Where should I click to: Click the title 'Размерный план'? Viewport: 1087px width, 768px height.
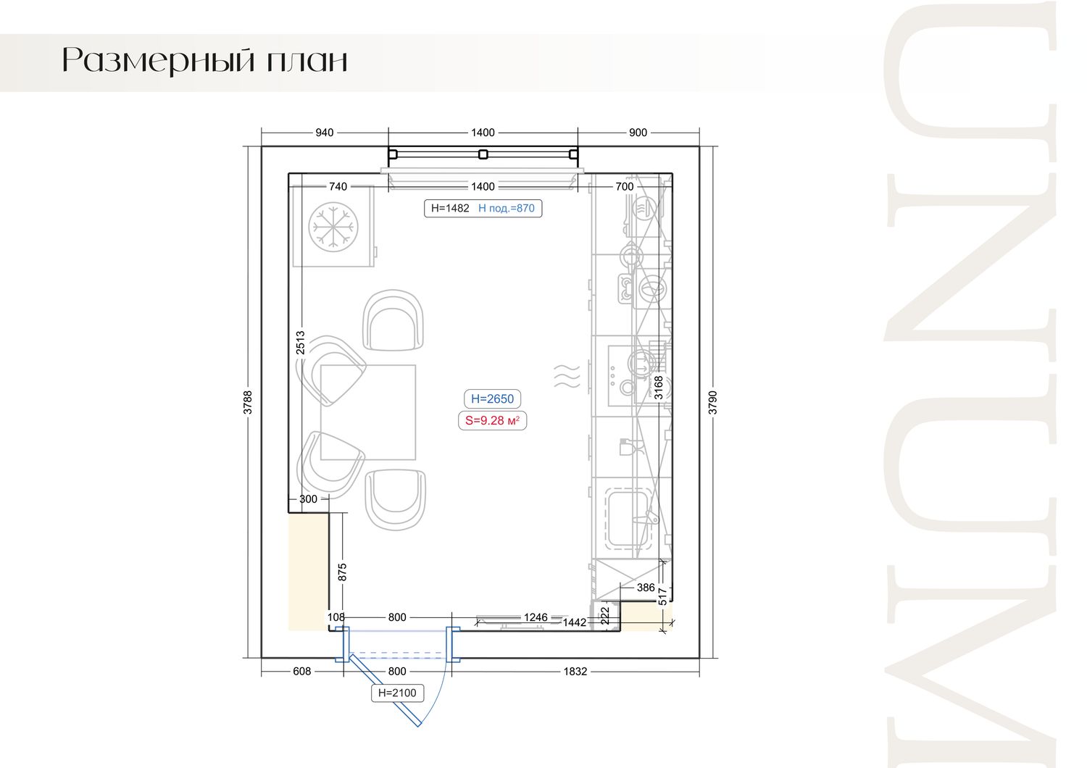click(205, 61)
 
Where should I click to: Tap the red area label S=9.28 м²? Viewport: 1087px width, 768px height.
click(492, 421)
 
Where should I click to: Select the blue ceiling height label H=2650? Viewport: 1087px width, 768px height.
click(492, 398)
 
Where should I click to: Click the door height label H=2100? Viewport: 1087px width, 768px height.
click(397, 693)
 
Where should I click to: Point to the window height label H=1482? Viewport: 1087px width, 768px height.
click(450, 208)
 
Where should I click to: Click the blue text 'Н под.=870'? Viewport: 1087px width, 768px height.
click(506, 208)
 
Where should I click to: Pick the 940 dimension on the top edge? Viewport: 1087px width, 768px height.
click(324, 133)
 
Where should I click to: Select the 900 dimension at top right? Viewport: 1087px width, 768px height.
click(638, 133)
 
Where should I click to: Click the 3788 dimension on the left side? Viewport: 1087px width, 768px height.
click(248, 403)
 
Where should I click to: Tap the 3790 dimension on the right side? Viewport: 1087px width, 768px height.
click(712, 403)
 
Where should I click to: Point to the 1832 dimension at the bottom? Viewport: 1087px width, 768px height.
click(575, 672)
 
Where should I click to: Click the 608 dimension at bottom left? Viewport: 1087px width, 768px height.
click(302, 672)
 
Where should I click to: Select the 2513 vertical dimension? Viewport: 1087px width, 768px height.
click(301, 343)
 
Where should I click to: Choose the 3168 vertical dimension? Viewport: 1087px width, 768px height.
click(659, 388)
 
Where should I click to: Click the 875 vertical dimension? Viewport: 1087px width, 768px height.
click(342, 572)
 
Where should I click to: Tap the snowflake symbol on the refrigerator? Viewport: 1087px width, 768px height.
click(333, 227)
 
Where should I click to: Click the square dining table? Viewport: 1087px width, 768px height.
click(368, 412)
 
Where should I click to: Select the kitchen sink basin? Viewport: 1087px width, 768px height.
click(627, 519)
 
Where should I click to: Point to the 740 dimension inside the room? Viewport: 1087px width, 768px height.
click(338, 186)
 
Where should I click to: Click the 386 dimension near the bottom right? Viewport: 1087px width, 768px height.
click(646, 588)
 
